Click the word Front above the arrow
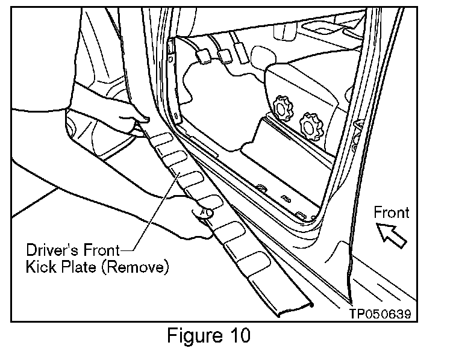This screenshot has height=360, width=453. click(x=391, y=213)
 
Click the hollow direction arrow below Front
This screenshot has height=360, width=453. click(x=390, y=234)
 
